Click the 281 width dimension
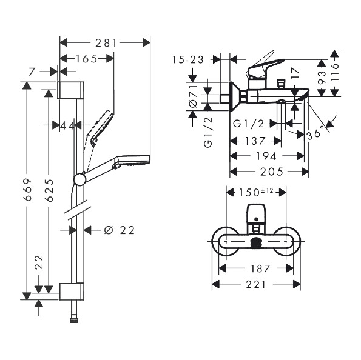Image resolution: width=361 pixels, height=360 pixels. click(106, 43)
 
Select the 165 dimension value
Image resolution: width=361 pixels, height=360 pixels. click(87, 59)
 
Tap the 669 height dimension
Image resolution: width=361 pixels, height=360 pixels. click(28, 189)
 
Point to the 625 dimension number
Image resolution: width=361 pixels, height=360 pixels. click(49, 190)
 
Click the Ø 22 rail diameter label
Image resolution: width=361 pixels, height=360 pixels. click(120, 230)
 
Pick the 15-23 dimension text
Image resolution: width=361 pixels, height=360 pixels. click(188, 60)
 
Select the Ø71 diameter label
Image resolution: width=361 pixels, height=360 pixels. click(194, 96)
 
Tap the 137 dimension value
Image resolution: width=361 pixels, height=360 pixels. click(255, 141)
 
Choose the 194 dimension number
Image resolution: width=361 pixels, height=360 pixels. click(266, 156)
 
